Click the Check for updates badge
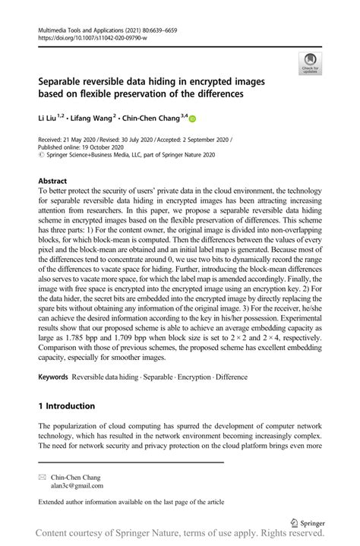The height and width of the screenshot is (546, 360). pyautogui.click(x=310, y=64)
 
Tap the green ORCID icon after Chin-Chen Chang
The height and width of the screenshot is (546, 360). pyautogui.click(x=192, y=118)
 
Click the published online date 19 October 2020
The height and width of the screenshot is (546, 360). pyautogui.click(x=106, y=148)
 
